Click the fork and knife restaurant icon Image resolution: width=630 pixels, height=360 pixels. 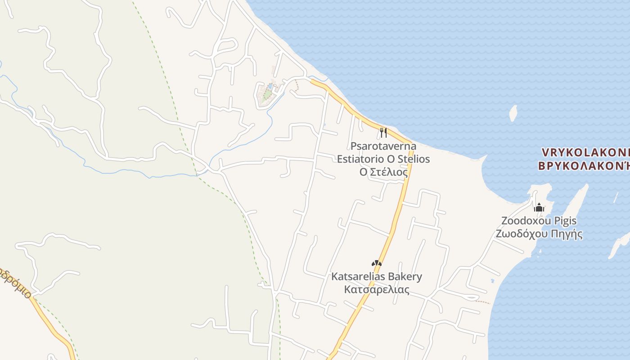(383, 132)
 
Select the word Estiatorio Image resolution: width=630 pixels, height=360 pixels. (360, 159)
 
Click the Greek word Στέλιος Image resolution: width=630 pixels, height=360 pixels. (389, 172)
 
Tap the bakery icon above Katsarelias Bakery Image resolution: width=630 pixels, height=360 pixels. (377, 263)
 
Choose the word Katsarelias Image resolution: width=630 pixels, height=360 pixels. (358, 276)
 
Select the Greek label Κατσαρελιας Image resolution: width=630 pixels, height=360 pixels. (377, 289)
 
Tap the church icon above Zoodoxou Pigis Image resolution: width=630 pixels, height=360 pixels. (539, 207)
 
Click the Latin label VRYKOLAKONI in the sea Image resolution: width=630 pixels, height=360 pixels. (585, 152)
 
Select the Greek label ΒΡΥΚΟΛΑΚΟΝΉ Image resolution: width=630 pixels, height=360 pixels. (584, 166)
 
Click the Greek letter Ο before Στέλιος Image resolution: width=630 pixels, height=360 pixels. (364, 172)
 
